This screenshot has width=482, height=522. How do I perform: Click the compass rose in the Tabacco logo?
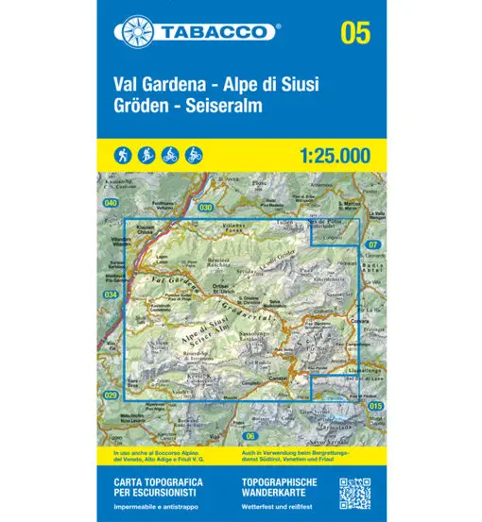point(132,31)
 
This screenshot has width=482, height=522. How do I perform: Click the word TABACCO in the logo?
point(211,31)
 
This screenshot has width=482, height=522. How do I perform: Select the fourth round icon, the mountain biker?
point(193,153)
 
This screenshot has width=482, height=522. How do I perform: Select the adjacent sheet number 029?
point(111,395)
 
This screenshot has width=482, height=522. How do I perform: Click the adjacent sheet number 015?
point(378,406)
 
